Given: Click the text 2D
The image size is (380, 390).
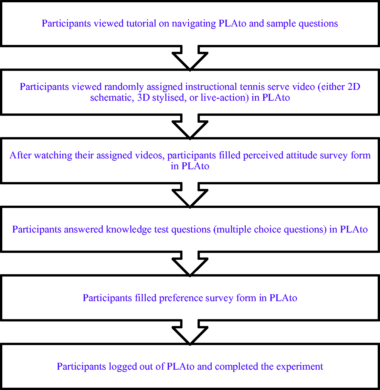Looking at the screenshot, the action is coord(354,87).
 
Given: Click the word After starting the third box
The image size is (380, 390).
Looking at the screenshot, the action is coord(20,155).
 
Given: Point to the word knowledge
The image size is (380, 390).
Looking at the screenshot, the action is coord(129,230).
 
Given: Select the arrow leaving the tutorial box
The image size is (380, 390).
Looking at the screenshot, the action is coord(190,58).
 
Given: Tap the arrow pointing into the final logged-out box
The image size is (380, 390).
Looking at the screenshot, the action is coord(190,332).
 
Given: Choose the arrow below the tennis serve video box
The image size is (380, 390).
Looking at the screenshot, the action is coord(190,127).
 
